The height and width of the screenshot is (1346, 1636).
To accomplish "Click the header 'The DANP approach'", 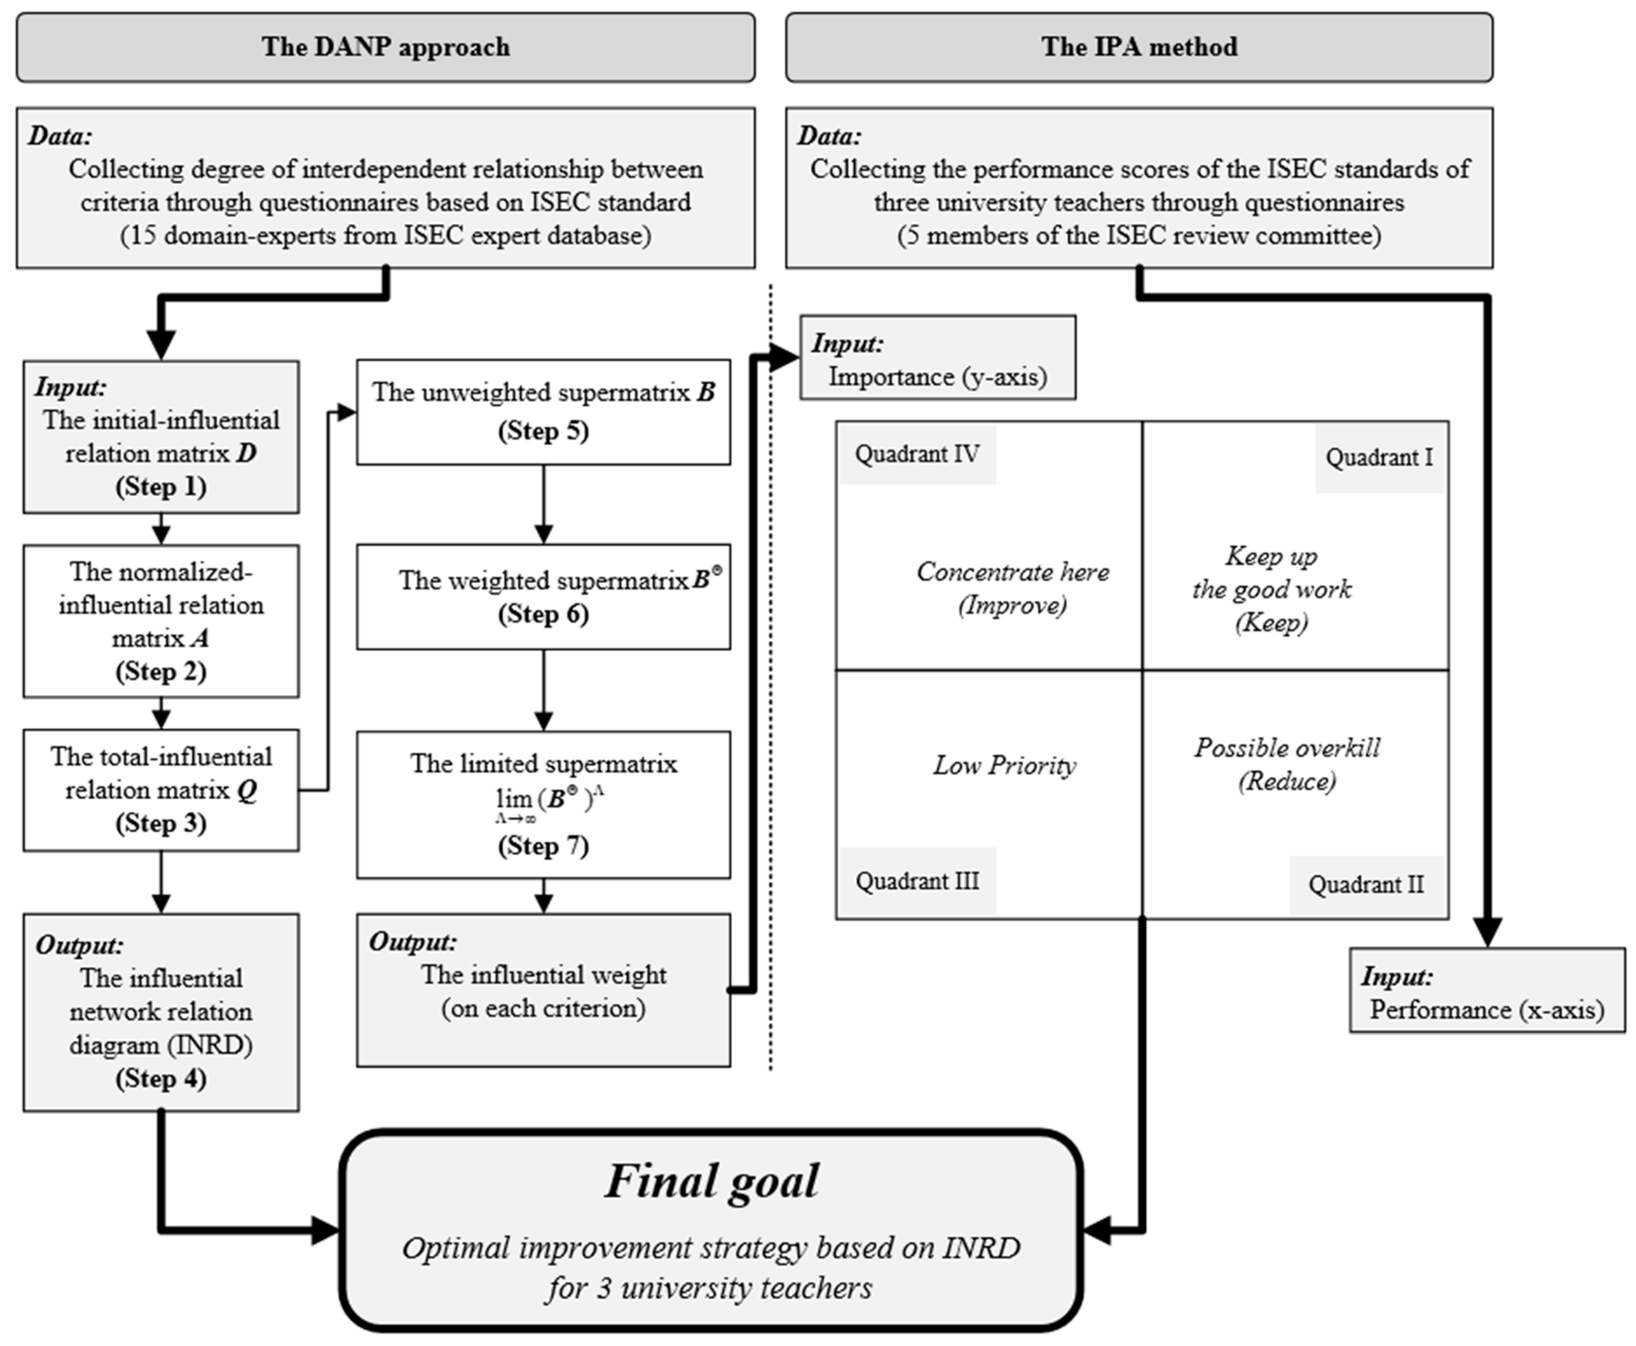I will click(x=385, y=47).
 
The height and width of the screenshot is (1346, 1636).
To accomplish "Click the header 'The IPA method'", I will click(x=1138, y=47).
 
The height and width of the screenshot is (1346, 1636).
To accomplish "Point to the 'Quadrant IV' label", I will click(x=916, y=454).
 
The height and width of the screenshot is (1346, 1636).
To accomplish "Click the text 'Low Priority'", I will click(x=1004, y=766).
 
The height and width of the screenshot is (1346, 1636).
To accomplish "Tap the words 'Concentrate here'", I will click(x=1012, y=572).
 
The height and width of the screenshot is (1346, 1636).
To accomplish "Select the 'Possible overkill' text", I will click(x=1286, y=748).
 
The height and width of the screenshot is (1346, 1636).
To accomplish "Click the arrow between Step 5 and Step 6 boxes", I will click(x=544, y=505).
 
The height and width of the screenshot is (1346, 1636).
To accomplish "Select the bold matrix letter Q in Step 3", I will click(x=246, y=791).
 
